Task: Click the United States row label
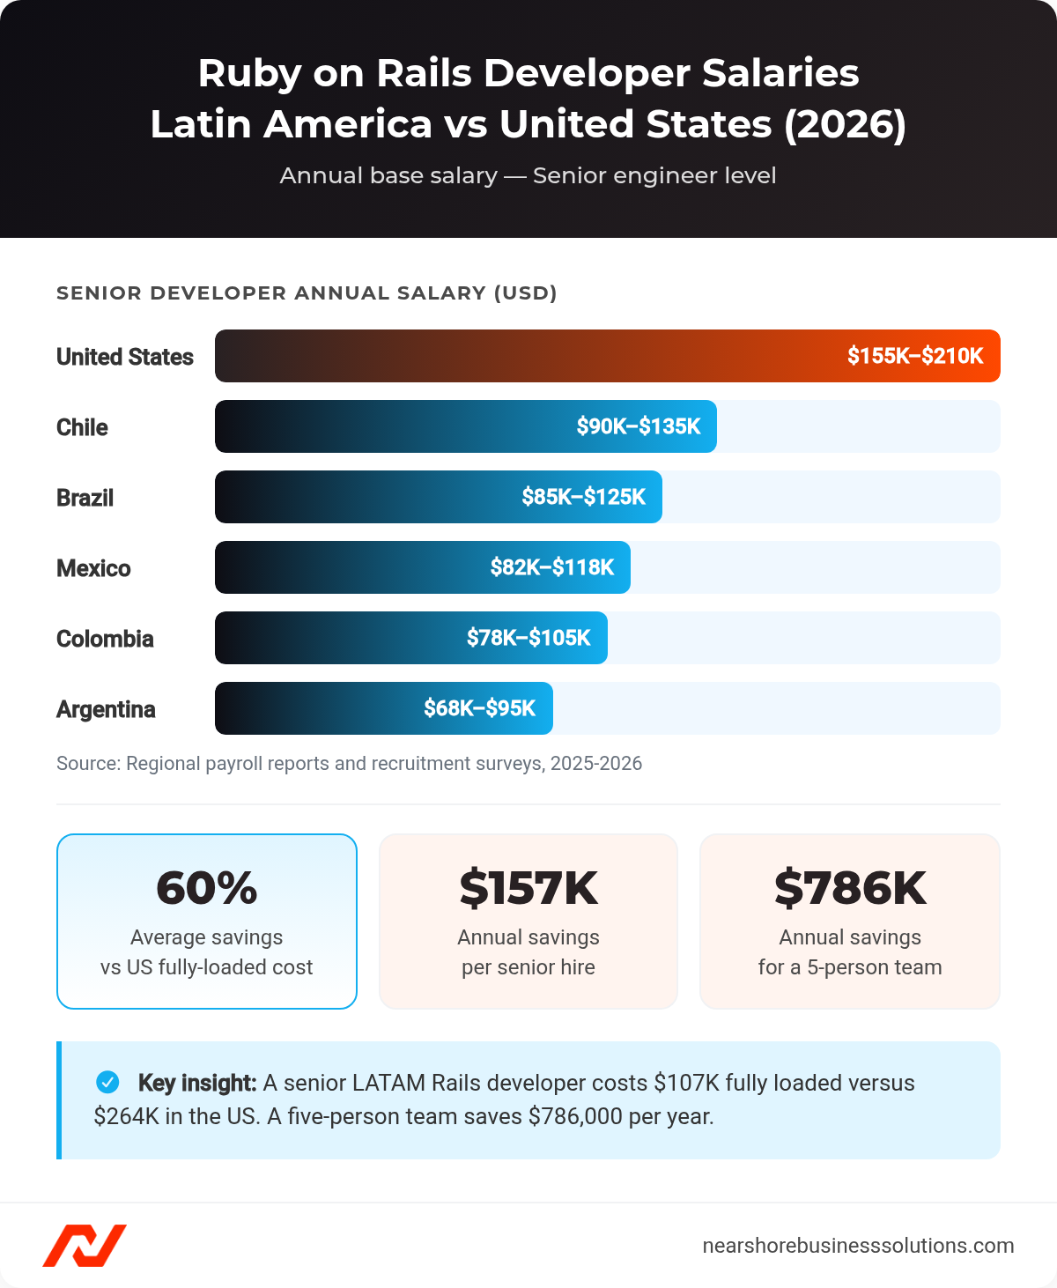tap(124, 357)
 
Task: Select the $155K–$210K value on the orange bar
tap(914, 356)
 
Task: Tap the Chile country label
tap(82, 427)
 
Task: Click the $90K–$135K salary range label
tap(638, 426)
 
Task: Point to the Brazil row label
tap(85, 498)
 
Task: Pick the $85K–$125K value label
tap(583, 497)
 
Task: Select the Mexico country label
tap(93, 568)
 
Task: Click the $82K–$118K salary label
tap(551, 567)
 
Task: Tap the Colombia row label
tap(105, 639)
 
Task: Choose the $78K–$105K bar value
tap(528, 638)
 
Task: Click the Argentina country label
tap(106, 709)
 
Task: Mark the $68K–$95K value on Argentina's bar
tap(479, 708)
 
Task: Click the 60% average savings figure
tap(206, 888)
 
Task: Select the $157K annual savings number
tap(528, 888)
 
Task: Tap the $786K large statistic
tap(850, 888)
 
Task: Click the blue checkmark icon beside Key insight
tap(107, 1082)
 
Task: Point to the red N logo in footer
tap(85, 1246)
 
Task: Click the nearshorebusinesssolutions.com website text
tap(858, 1246)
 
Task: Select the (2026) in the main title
tap(845, 124)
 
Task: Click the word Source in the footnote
tap(87, 763)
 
